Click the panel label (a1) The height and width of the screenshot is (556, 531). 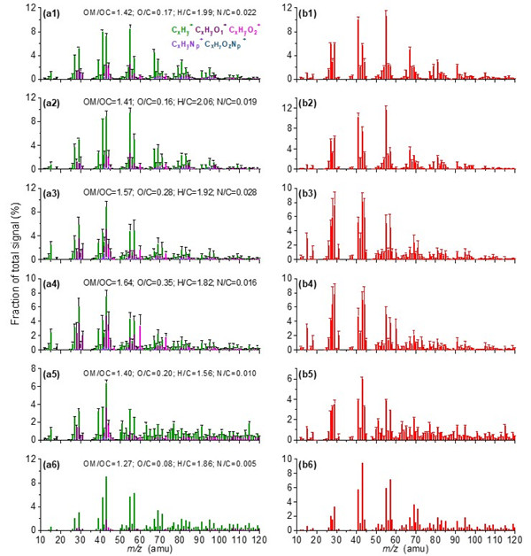pyautogui.click(x=52, y=15)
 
